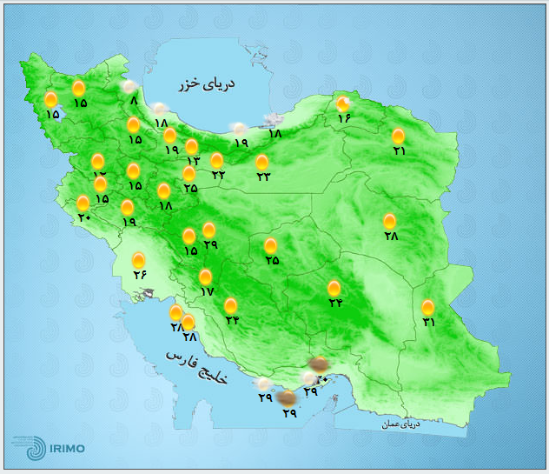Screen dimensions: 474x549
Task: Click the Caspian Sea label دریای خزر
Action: click(x=208, y=83)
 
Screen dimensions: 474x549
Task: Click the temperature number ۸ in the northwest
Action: click(x=134, y=101)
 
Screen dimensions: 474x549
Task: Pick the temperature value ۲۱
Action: click(x=400, y=150)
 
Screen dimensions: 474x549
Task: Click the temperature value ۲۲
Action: click(x=218, y=175)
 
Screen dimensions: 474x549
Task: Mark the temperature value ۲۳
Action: click(x=263, y=177)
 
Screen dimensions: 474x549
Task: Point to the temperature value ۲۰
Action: click(x=84, y=217)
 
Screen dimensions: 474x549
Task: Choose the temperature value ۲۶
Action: click(x=140, y=275)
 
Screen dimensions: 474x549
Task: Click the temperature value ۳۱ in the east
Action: click(x=429, y=323)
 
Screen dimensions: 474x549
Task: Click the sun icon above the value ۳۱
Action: click(x=428, y=307)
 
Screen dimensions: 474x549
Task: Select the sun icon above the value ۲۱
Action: click(x=398, y=136)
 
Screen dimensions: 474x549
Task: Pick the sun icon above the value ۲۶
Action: click(x=139, y=260)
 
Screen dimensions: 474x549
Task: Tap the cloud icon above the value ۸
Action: click(x=130, y=86)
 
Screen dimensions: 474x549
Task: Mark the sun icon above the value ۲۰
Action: click(x=83, y=203)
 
